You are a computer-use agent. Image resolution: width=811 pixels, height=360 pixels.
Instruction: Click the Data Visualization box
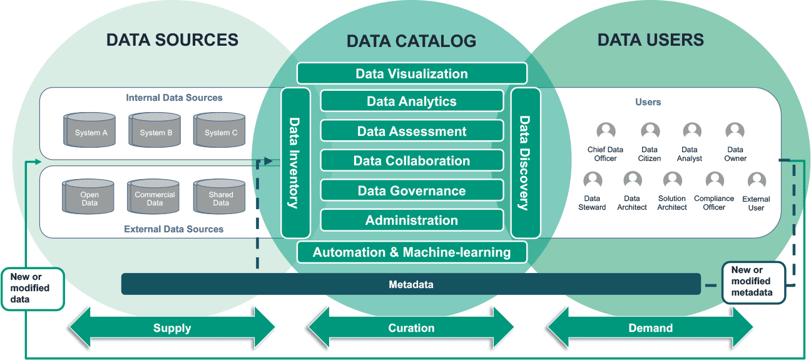[412, 74]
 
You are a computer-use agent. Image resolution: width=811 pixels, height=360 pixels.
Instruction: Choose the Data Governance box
[412, 191]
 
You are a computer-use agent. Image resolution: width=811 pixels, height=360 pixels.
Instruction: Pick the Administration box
[412, 220]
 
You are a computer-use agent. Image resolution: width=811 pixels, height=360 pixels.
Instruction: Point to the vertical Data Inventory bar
[295, 163]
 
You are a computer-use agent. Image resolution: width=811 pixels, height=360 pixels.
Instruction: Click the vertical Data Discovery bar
[526, 163]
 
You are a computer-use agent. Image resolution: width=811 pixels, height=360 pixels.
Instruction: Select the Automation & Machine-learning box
[412, 252]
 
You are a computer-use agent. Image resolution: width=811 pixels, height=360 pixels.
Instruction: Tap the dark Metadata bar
[411, 284]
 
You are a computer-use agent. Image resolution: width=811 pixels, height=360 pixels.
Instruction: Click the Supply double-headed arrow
[172, 327]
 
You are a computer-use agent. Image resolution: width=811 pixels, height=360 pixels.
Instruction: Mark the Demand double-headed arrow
[650, 327]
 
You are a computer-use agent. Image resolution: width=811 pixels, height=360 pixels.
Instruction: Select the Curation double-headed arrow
[411, 327]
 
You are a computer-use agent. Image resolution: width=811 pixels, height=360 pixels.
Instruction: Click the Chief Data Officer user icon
[606, 131]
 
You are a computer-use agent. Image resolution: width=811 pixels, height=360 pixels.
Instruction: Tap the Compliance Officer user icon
[714, 181]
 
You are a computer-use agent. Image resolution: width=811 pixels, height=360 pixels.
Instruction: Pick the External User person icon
[757, 182]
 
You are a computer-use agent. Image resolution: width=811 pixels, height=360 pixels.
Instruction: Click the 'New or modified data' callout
[33, 289]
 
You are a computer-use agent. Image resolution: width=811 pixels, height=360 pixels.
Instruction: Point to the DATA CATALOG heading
[411, 41]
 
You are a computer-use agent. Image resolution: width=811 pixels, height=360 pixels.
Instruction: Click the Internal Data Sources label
[174, 98]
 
